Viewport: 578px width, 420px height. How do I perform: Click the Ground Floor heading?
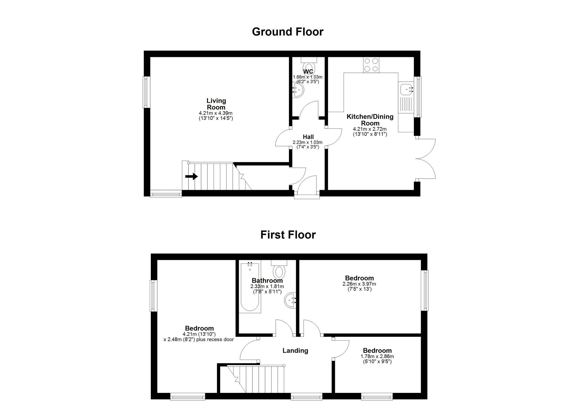click(288, 32)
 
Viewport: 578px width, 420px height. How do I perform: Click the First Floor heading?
click(288, 235)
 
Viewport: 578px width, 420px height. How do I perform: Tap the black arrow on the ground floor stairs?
click(191, 176)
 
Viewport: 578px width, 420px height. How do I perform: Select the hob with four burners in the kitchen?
click(371, 65)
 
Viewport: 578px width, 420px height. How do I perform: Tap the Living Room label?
click(216, 104)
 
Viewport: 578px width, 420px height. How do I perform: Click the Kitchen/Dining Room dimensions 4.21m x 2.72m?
click(370, 129)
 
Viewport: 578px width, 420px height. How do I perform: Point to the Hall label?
click(308, 137)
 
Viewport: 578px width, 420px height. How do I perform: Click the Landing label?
click(295, 351)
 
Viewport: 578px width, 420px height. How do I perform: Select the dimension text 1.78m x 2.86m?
click(377, 356)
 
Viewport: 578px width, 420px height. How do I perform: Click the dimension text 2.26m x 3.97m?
click(359, 284)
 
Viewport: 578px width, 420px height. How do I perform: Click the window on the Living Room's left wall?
click(147, 92)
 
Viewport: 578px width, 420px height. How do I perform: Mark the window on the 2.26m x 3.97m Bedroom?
click(425, 290)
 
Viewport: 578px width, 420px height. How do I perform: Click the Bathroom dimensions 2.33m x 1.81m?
click(267, 287)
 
